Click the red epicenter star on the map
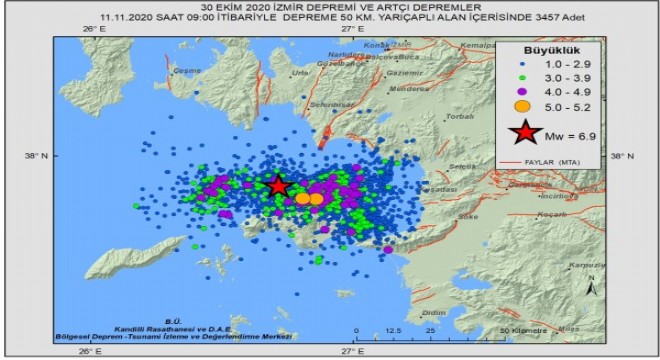tap(278, 186)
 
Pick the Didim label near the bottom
tap(433, 313)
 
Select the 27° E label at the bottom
tap(351, 351)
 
